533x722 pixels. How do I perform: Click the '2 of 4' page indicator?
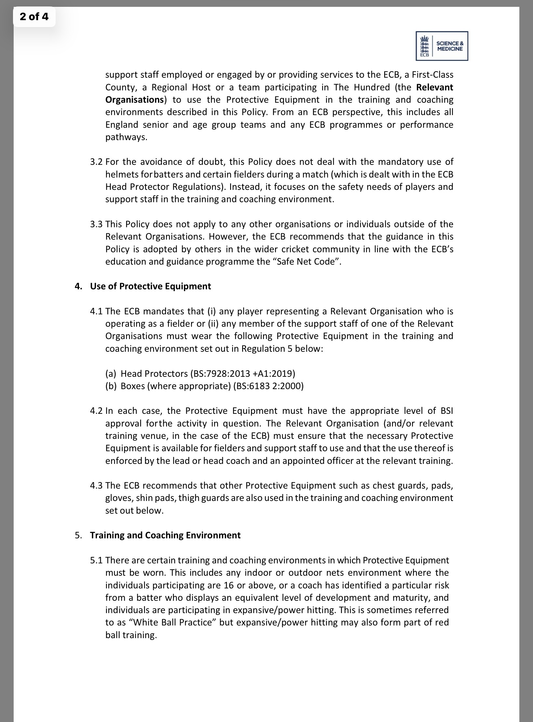click(34, 17)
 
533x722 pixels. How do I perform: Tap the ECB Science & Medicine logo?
click(442, 46)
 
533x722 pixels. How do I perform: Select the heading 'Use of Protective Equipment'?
click(150, 286)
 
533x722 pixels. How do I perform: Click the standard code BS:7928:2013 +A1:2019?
click(242, 374)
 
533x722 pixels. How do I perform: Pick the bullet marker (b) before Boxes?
click(111, 386)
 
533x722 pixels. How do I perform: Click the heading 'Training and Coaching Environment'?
click(165, 535)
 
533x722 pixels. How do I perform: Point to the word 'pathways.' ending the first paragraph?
click(126, 137)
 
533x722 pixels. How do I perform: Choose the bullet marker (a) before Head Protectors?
click(111, 374)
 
